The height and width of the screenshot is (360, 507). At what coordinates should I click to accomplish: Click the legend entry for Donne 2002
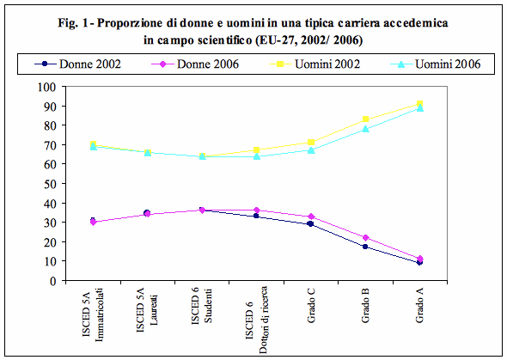77,64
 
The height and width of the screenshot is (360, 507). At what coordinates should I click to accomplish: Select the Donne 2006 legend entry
195,64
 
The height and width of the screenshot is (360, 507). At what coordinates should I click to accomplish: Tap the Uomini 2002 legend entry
315,64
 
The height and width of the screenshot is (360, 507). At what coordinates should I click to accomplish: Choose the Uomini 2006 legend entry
436,64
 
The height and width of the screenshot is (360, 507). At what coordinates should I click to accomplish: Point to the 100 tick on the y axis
47,87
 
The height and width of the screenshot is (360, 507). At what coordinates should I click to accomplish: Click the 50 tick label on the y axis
50,184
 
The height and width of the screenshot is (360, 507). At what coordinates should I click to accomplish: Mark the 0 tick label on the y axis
53,280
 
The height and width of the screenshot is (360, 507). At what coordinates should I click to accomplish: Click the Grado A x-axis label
419,305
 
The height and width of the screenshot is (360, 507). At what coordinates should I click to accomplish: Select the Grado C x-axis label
311,305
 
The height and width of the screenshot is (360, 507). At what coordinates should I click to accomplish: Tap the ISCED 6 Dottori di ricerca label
256,320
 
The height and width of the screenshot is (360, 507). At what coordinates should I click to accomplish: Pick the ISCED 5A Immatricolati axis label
93,314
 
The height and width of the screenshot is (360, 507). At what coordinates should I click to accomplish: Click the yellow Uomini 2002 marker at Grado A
419,104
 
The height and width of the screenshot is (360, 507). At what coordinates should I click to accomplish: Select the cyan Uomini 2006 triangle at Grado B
365,129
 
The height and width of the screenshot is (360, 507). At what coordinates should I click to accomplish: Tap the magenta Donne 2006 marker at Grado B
365,237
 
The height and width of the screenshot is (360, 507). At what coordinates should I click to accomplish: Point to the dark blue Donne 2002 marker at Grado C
311,223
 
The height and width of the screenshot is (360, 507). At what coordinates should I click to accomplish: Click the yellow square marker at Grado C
311,142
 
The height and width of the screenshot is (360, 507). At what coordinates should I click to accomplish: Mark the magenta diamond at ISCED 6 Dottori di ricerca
257,210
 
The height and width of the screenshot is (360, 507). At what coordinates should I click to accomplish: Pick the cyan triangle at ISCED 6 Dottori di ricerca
257,156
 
